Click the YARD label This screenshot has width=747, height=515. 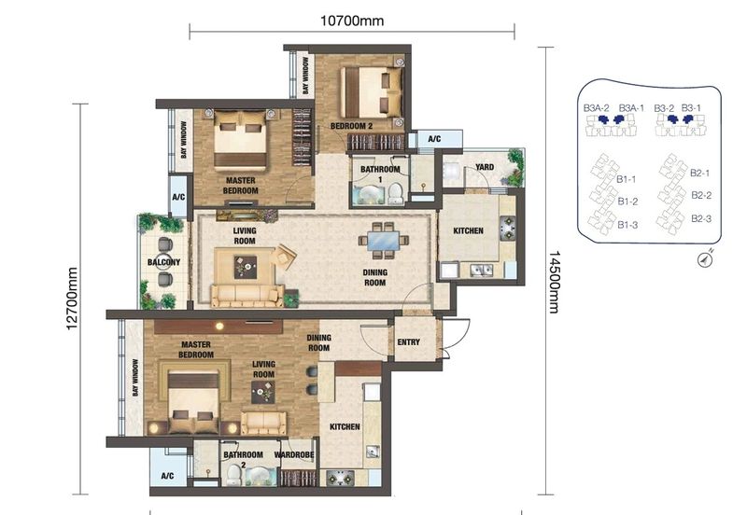(485, 167)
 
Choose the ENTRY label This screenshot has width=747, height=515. (408, 342)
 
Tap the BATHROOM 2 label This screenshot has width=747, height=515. (242, 459)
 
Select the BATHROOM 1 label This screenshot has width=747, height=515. (380, 174)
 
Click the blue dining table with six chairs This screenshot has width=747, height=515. (386, 241)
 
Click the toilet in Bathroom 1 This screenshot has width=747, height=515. (396, 194)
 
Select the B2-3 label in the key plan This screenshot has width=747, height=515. (701, 218)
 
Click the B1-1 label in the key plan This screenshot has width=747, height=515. (627, 178)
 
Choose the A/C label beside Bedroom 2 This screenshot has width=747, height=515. (434, 139)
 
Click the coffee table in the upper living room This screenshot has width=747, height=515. (244, 269)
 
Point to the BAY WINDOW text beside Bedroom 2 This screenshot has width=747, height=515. (305, 77)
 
